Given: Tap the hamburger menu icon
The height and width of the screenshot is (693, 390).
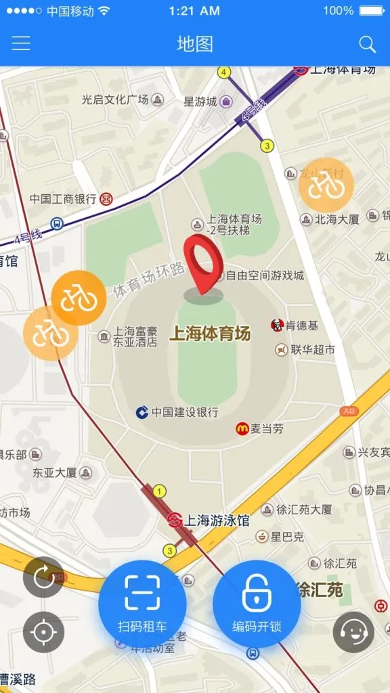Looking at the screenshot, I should point(21,44).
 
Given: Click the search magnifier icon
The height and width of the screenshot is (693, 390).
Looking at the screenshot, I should point(367,45).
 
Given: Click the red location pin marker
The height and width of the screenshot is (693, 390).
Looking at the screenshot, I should point(205,267).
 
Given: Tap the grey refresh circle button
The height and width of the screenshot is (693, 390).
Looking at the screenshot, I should point(43,577).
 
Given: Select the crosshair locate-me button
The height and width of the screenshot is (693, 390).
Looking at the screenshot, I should point(43,632).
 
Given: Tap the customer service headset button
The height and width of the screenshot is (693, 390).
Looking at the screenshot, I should point(353,632).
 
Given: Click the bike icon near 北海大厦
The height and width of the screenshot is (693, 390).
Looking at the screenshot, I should point(326,185).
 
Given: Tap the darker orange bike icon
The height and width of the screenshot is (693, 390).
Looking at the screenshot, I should point(79,298).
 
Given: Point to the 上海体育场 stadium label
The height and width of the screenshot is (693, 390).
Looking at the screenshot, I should point(210,334).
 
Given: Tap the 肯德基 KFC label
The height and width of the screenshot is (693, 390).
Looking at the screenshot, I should point(301,326).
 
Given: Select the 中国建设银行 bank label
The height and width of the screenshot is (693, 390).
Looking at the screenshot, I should point(184,412).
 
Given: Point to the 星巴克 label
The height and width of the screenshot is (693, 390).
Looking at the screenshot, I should point(287,537).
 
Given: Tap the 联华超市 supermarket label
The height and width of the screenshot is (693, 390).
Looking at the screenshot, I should point(313,350).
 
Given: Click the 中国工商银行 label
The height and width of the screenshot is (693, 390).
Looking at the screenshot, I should point(63,199).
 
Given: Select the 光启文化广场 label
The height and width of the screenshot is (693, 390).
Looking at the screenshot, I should point(114,99).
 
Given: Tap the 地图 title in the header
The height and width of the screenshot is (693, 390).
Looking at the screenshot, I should point(195,45).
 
